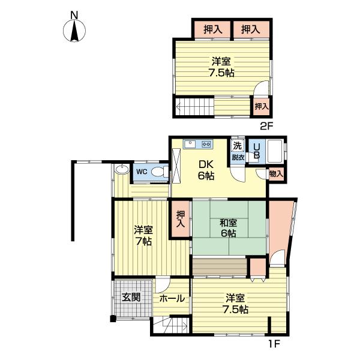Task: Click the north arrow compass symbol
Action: point(74,31)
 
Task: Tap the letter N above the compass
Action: point(74,15)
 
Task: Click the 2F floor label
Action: point(266,126)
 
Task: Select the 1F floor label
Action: point(274,344)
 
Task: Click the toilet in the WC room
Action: point(160,172)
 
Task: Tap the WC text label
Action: point(142,172)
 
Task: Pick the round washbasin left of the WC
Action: point(122,169)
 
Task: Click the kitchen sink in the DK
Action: point(190,144)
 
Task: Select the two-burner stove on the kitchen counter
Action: point(206,144)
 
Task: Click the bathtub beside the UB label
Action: point(275,151)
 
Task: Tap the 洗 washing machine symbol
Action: point(237,145)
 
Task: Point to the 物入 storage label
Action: point(276,174)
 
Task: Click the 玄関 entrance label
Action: point(131,298)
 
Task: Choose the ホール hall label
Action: point(172,299)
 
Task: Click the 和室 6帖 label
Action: point(228,228)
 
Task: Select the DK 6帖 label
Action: point(206,170)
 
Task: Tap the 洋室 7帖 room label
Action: point(143,235)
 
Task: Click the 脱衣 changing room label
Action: point(238,157)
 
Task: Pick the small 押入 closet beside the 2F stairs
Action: point(262,107)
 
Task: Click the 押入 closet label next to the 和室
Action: point(181,219)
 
